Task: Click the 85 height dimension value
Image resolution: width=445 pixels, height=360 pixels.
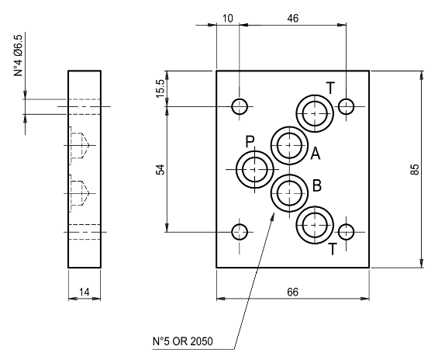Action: [415, 169]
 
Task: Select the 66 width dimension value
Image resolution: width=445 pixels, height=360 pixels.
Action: [292, 292]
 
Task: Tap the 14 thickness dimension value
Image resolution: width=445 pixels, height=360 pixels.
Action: [85, 292]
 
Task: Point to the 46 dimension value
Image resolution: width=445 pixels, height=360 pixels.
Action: [293, 19]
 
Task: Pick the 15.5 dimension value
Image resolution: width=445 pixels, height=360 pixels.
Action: [160, 88]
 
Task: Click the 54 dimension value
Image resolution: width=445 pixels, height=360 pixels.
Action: [160, 169]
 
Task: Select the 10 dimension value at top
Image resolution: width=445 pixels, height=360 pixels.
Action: [228, 19]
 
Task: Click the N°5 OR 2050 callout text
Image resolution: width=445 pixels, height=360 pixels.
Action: [182, 341]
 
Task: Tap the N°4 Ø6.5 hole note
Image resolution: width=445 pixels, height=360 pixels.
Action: [18, 56]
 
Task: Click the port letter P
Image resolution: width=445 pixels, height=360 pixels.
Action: [250, 142]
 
